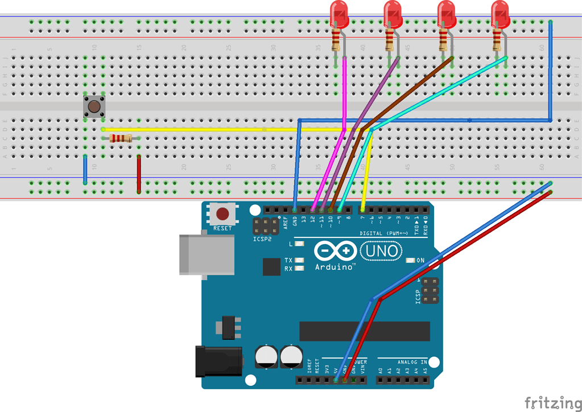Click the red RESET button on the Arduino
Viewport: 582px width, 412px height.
222,214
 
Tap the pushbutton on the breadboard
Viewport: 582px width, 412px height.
94,106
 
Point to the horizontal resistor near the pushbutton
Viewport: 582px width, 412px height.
120,138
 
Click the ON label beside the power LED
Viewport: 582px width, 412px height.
421,261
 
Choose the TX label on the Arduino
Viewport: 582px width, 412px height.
288,261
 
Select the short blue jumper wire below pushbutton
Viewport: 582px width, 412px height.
85,169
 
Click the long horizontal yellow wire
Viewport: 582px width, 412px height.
228,130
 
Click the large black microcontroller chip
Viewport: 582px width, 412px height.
365,331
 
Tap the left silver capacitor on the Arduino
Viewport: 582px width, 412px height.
266,357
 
